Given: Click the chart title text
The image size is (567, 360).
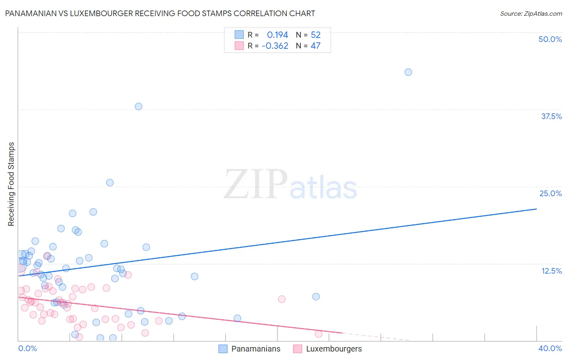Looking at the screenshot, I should pos(160,13).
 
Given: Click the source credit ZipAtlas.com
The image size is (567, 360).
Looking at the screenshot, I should pos(531,13).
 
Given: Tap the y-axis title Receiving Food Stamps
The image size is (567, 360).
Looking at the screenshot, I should pos(11,184).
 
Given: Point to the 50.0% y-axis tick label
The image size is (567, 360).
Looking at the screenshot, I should pos(550,39).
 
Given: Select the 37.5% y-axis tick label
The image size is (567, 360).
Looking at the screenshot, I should pos(551,116).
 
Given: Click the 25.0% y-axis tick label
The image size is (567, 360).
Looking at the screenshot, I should pos(550,193).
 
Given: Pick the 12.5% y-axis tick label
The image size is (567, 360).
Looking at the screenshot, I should pos(551,271).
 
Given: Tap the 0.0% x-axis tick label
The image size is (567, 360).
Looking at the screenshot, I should pos(27,348).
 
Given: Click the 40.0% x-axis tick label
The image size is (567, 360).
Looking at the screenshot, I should pos(550,348).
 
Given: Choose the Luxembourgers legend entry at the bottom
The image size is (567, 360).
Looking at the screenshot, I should pos(327,349).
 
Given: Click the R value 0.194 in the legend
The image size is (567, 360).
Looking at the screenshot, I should pos(277,35).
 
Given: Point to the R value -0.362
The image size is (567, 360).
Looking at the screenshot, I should pos(275,46).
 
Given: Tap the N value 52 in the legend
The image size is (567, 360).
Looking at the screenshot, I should pos(315,35).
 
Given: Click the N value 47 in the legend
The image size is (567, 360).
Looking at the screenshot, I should pos(315,46).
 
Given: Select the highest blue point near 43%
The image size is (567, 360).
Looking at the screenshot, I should pos(408,72).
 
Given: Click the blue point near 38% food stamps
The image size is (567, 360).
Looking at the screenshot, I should pos(138,107).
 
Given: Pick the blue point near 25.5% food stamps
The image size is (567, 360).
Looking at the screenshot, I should pos(110,182).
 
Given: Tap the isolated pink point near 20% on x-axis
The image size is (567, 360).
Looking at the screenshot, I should pos(281,299).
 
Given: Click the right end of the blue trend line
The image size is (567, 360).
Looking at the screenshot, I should pos(536,209).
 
